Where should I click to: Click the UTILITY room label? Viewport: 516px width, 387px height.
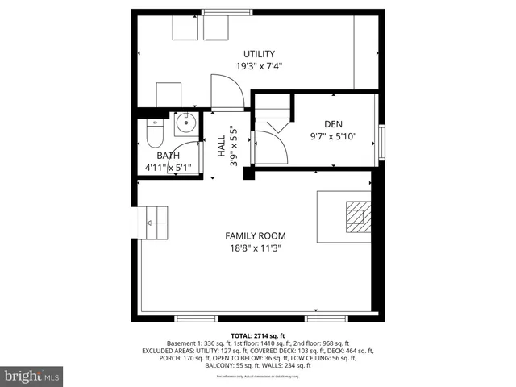click(x=259, y=54)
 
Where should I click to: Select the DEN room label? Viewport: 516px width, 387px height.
click(x=334, y=124)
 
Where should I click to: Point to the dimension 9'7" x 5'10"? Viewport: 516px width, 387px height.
click(x=334, y=136)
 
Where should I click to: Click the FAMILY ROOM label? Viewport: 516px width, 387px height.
click(x=256, y=236)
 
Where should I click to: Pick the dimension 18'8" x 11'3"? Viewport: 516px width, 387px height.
click(x=256, y=248)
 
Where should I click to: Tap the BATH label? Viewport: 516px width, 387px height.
click(x=168, y=156)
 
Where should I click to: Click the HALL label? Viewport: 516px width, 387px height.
click(x=222, y=145)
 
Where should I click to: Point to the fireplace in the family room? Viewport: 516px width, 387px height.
click(x=356, y=215)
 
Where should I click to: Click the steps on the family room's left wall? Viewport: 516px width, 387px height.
click(x=156, y=220)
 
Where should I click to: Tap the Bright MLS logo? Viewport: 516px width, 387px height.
click(x=32, y=376)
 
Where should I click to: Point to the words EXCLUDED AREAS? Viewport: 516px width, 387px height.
click(x=169, y=352)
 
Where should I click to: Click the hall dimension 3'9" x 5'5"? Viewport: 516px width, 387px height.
click(x=234, y=145)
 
